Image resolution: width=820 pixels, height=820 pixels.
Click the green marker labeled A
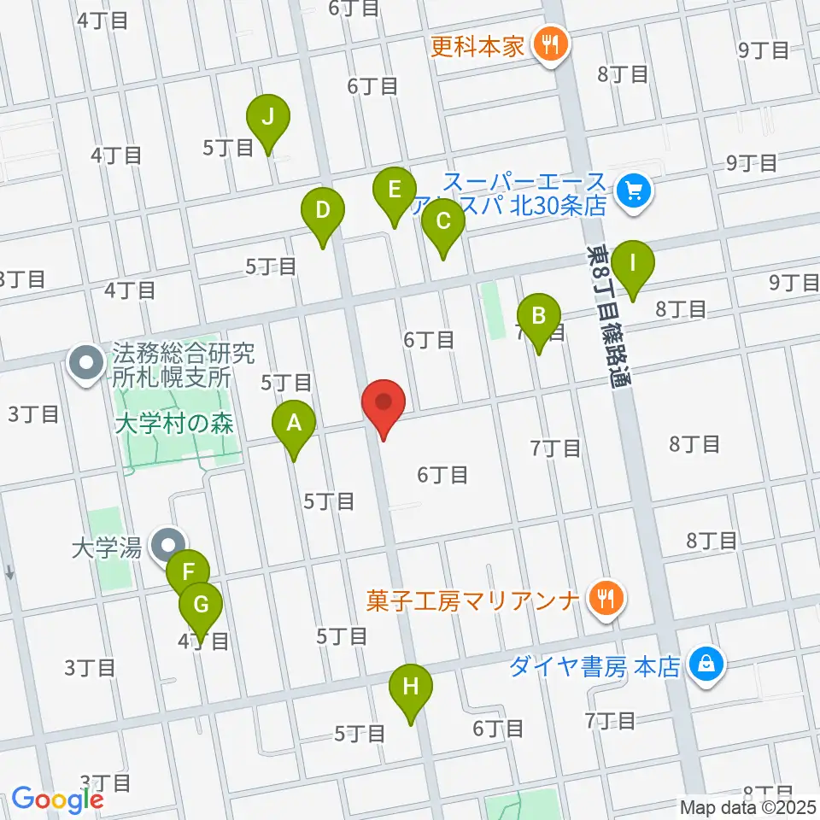(293, 422)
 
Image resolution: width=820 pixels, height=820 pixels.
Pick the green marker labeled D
(322, 210)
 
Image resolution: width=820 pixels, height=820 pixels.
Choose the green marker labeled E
(394, 190)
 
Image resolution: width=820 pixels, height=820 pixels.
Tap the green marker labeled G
(201, 605)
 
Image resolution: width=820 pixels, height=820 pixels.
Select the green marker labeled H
(411, 687)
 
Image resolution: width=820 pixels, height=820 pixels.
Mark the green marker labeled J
(268, 117)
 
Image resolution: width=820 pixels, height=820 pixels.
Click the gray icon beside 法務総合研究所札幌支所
(86, 364)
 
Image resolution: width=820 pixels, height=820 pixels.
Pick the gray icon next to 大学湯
(167, 545)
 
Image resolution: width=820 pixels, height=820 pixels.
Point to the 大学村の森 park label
(173, 425)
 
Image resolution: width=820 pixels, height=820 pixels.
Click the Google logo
(57, 799)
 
